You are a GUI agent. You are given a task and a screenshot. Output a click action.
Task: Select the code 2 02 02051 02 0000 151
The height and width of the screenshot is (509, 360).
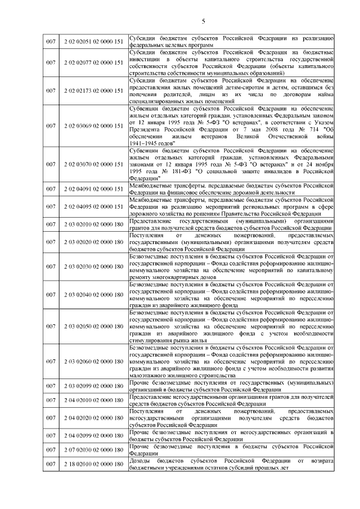tap(93, 41)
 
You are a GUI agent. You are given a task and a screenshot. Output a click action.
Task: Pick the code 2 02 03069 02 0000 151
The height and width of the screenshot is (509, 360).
tap(93, 125)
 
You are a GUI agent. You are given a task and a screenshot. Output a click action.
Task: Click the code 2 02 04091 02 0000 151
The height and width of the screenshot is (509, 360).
tap(93, 189)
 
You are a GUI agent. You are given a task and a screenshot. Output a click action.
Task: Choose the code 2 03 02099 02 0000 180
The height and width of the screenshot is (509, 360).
tap(93, 388)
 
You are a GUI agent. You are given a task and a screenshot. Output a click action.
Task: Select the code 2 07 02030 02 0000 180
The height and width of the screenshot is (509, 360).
tap(93, 449)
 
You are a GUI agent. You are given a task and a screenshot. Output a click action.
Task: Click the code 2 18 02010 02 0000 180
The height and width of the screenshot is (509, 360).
tap(93, 464)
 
